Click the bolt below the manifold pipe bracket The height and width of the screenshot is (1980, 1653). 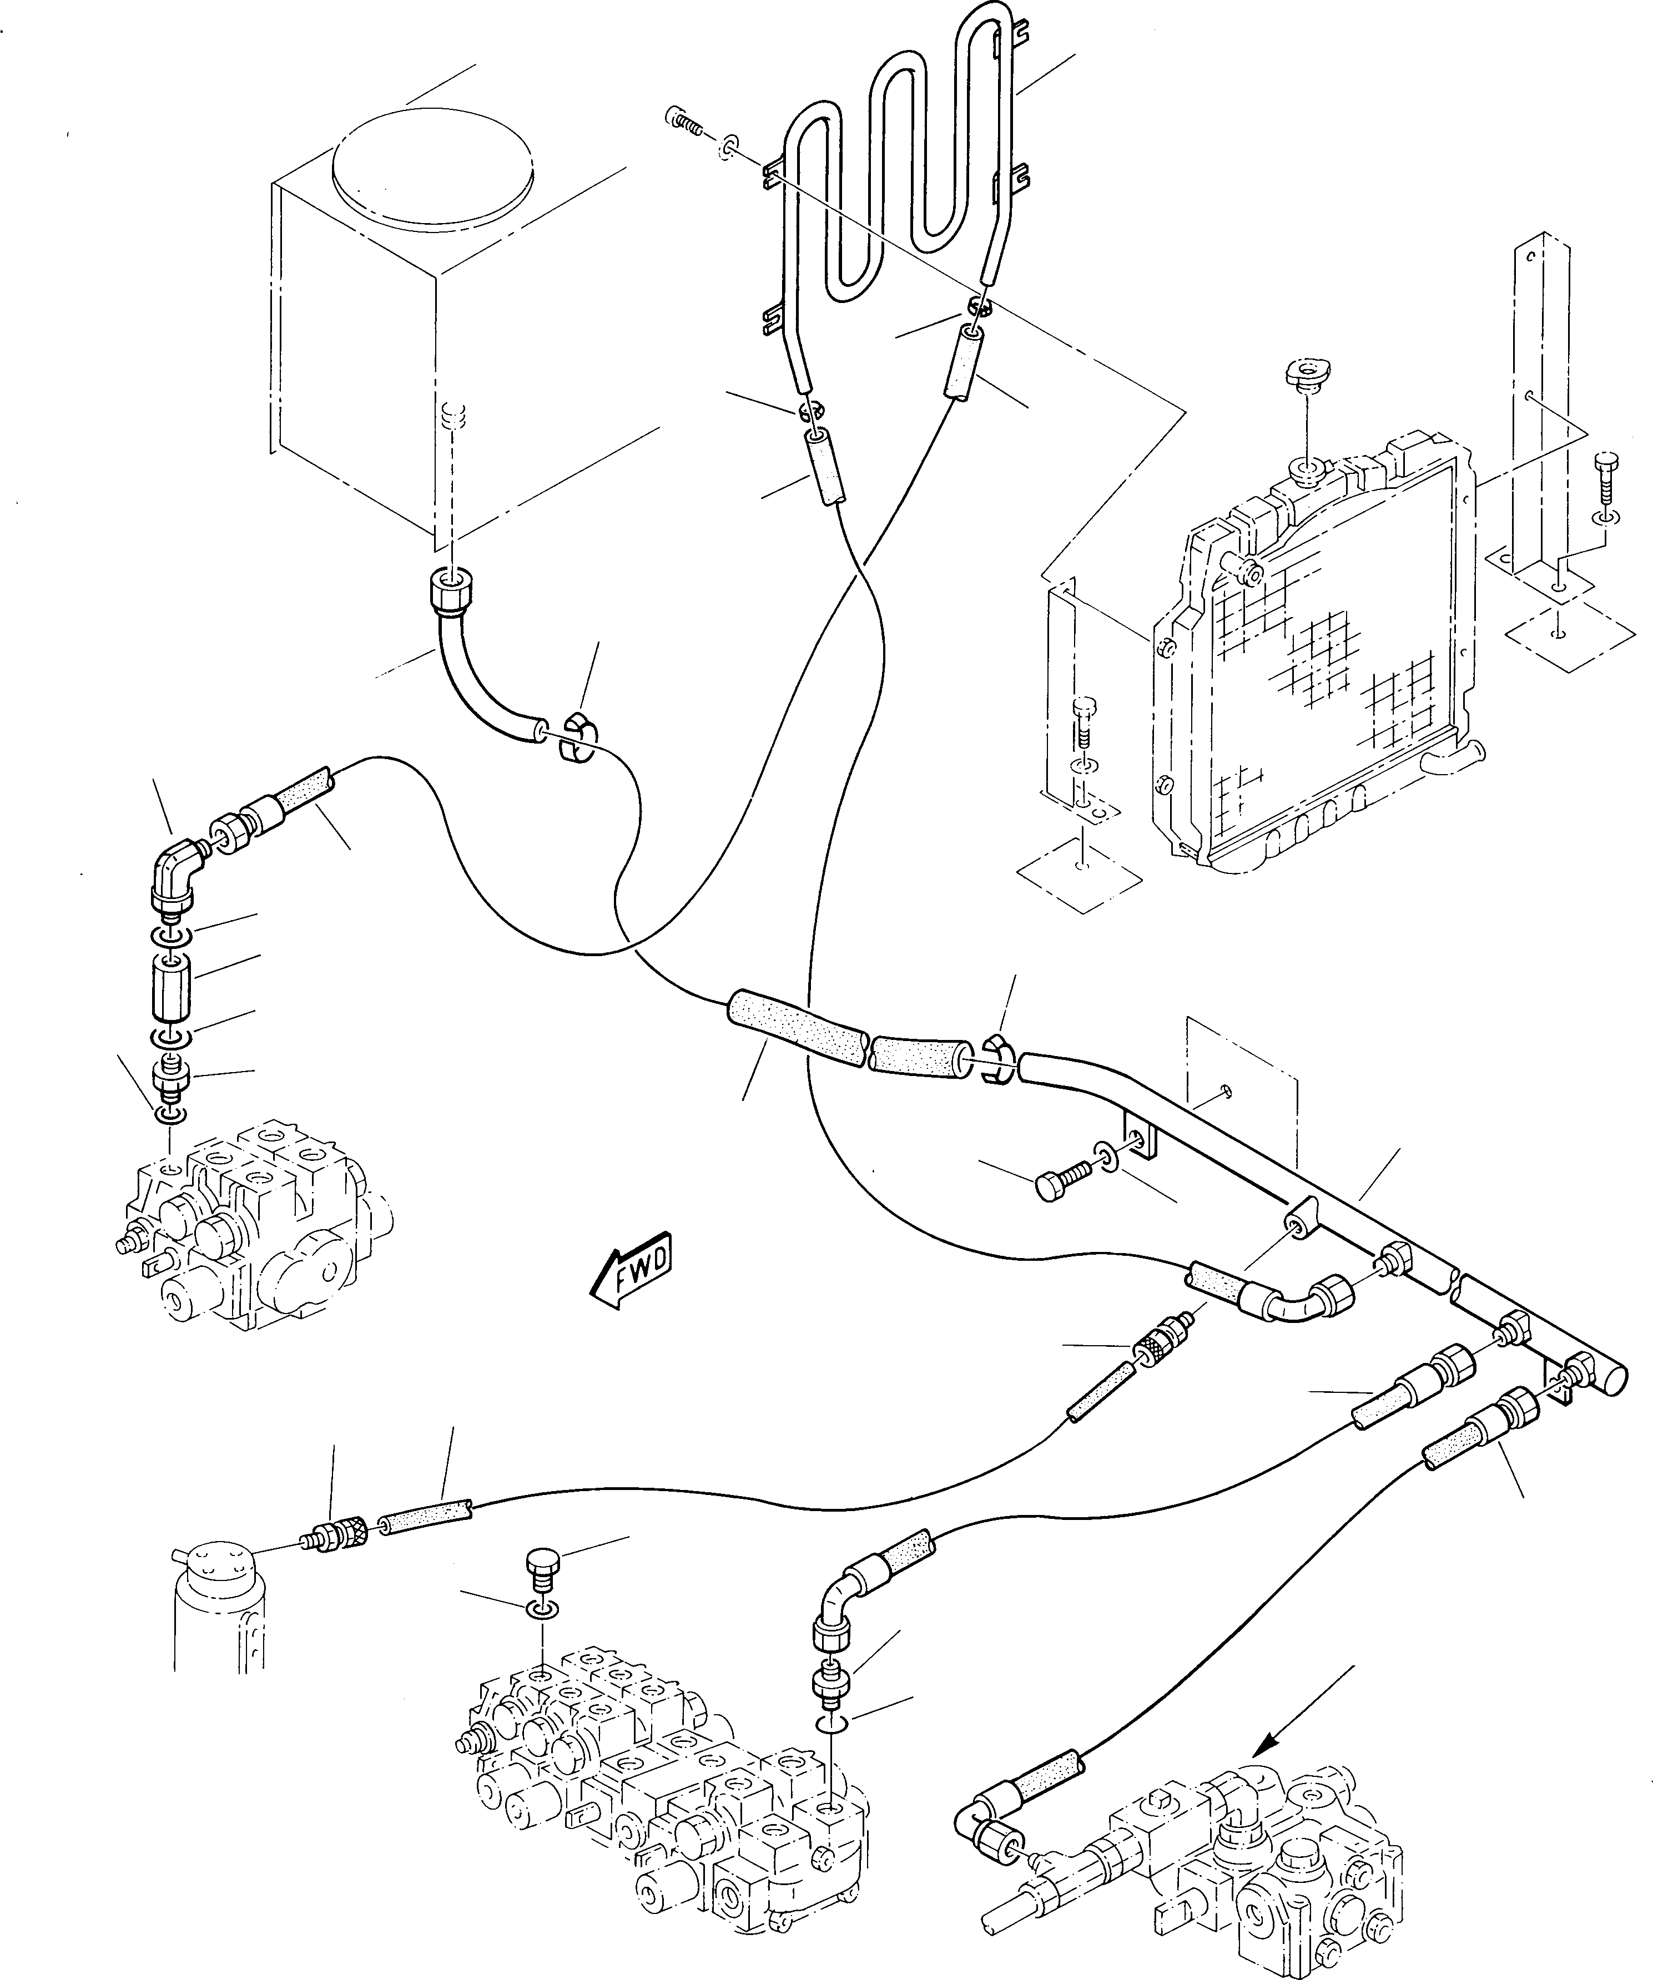1061,1181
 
